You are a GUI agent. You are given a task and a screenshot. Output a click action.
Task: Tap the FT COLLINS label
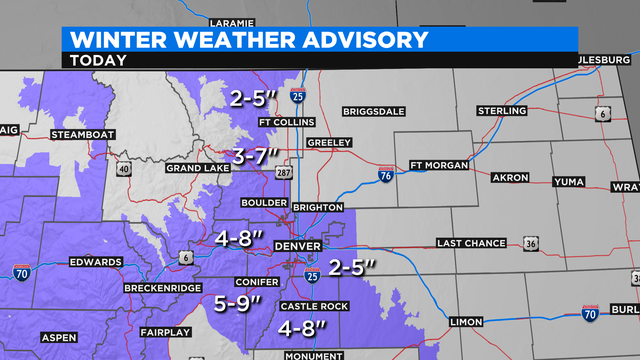pyautogui.click(x=286, y=123)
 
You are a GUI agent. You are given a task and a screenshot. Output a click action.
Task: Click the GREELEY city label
pyautogui.click(x=330, y=142)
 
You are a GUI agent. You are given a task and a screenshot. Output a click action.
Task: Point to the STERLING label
pyautogui.click(x=501, y=110)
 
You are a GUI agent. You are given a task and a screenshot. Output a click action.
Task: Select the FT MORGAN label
pyautogui.click(x=440, y=165)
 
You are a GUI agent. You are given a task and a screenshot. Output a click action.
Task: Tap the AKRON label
pyautogui.click(x=510, y=178)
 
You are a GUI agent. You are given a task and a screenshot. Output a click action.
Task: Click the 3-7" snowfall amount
pyautogui.click(x=263, y=155)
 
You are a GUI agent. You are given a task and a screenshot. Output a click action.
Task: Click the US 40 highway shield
pyautogui.click(x=123, y=170)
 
